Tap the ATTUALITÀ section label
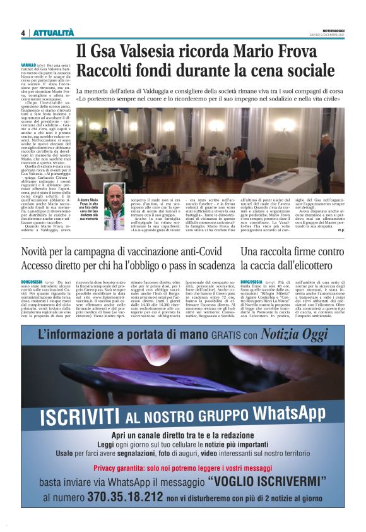coord(54,33)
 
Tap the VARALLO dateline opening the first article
coord(28,66)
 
